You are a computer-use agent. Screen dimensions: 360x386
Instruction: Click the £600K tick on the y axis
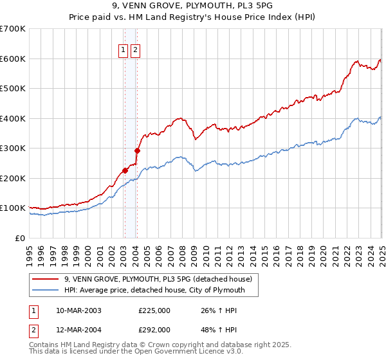tap(13, 59)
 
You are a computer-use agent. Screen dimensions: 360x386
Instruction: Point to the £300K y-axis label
tap(13, 148)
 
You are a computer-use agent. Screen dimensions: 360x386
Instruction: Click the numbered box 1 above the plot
tap(123, 50)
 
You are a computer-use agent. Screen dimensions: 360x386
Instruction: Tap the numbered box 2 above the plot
tap(136, 50)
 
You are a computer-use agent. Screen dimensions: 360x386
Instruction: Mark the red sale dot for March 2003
tap(125, 170)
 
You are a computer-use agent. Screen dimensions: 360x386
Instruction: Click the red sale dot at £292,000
tap(137, 150)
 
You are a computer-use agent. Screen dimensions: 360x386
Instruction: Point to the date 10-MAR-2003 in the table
tap(78, 310)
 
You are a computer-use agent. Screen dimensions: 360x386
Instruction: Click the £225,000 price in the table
tap(154, 310)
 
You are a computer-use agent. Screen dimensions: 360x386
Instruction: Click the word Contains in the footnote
tap(46, 345)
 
